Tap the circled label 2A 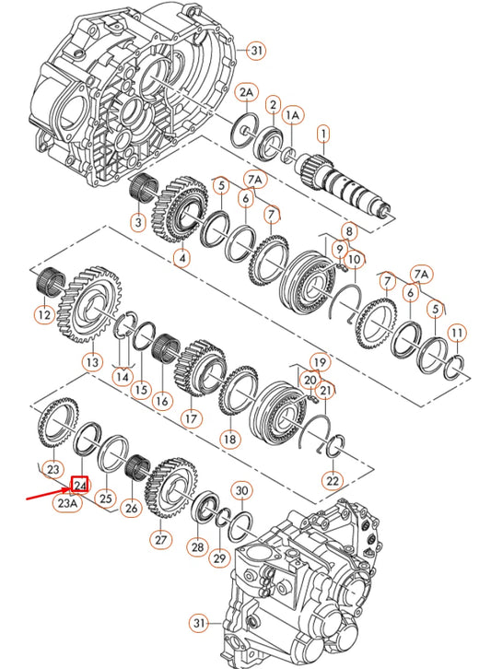[246, 94]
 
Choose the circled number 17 [191, 417]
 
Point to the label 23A [66, 504]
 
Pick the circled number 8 [347, 229]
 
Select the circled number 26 [131, 506]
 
